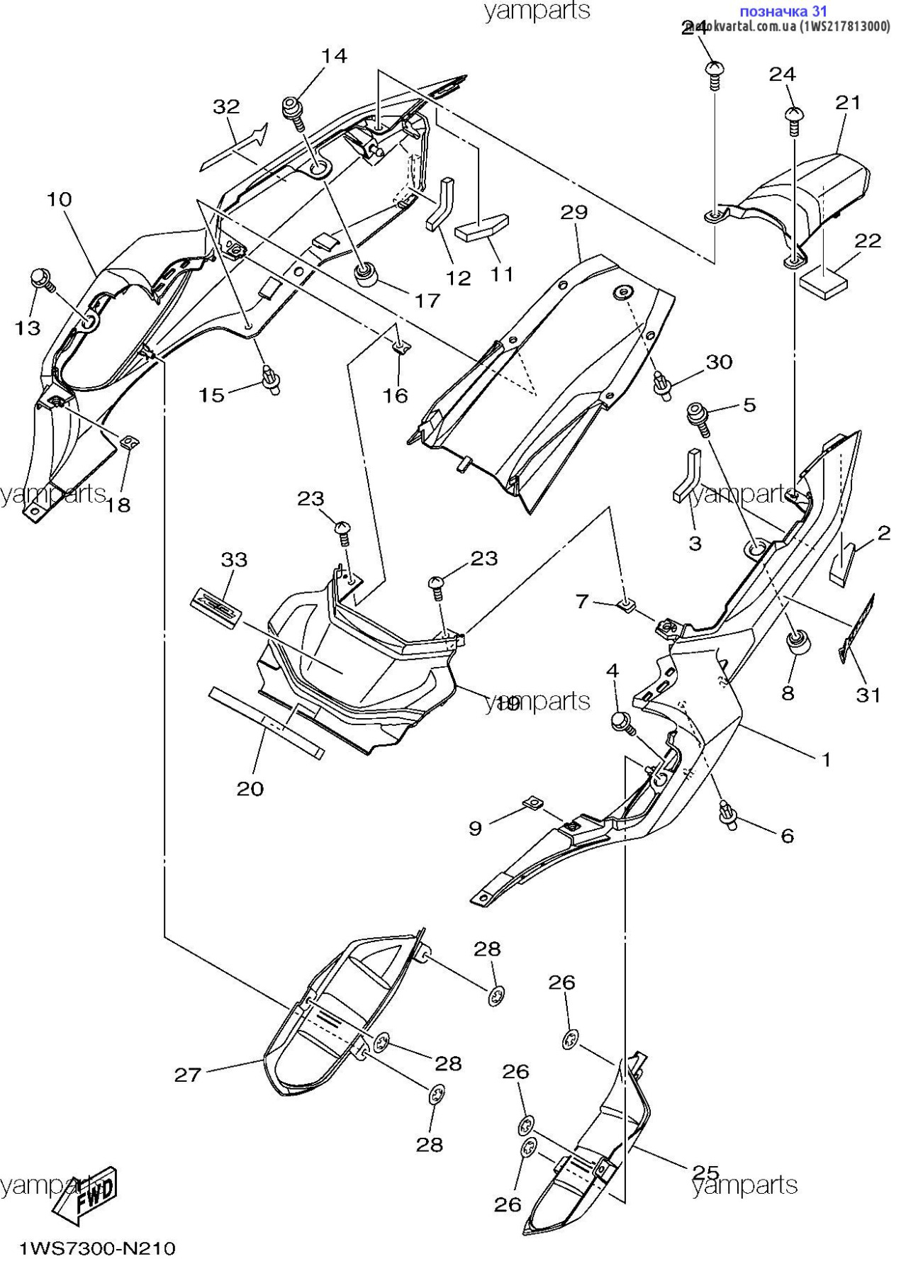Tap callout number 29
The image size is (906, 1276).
click(x=574, y=212)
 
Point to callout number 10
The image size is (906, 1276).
click(x=60, y=199)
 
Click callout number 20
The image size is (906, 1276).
click(x=250, y=788)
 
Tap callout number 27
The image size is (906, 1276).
click(x=188, y=1075)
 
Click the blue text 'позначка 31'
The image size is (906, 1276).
click(x=783, y=11)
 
